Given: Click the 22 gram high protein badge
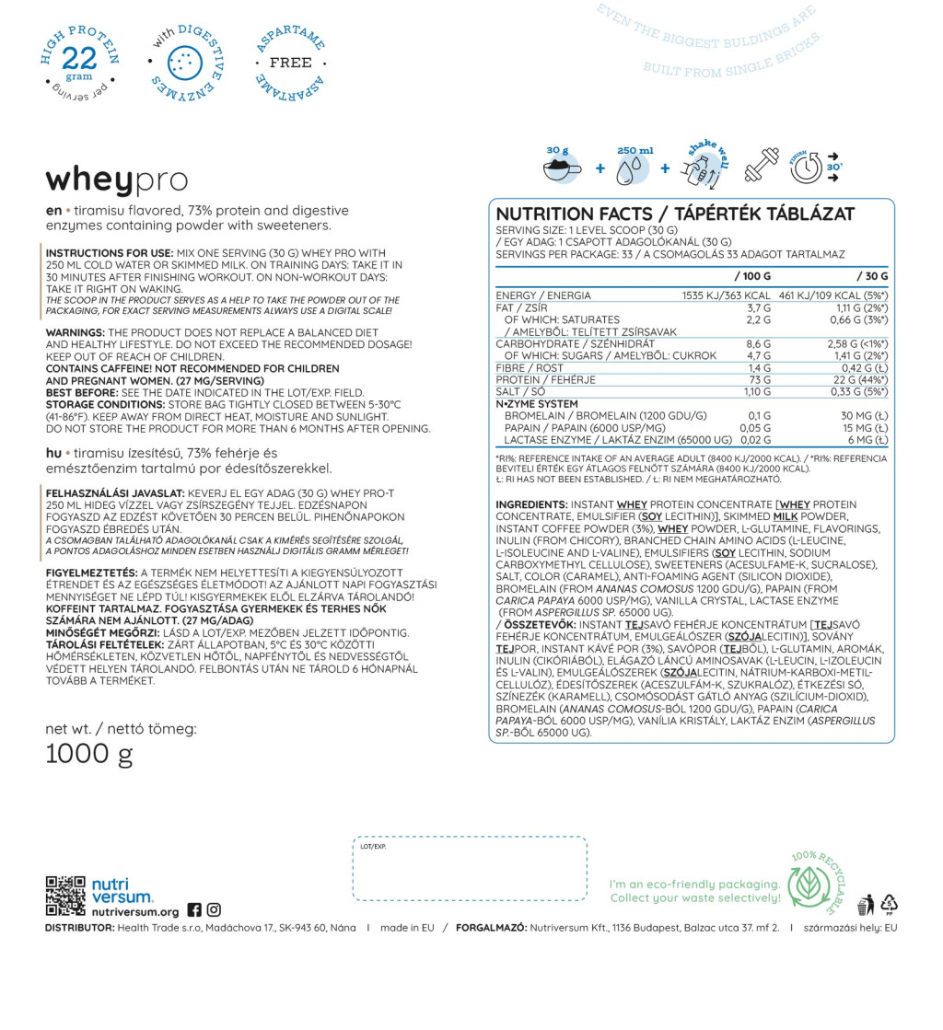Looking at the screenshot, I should pos(80,62).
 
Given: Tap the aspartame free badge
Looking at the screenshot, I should pos(291,63).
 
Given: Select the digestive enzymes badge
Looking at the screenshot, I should pos(185,62).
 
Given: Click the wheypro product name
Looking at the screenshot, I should pos(117,179).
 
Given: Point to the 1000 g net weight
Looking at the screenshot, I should pos(89,755).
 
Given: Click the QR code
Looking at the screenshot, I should pos(65,897).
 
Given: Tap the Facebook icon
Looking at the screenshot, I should pos(194,909).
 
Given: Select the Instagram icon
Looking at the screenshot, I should pos(214,909).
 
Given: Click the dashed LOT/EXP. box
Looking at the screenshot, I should pos(469,867).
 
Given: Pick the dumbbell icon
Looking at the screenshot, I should pos(761,168).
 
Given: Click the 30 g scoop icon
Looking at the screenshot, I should pos(561,166).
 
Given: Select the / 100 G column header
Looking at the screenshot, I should pos(752,275).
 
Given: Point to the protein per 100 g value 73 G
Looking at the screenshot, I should pos(761,379).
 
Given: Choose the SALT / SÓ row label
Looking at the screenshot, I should pos(521,391).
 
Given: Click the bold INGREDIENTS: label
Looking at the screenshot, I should pos(531,504).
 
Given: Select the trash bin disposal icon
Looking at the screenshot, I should pos(867,904).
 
